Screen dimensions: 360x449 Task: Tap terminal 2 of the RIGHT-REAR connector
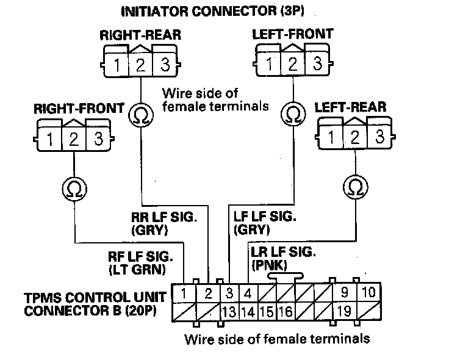pyautogui.click(x=140, y=63)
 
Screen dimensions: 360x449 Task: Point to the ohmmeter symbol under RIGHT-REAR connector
pyautogui.click(x=140, y=113)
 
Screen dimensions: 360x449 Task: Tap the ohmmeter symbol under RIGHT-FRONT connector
pyautogui.click(x=74, y=189)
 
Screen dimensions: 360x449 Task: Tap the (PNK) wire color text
pyautogui.click(x=265, y=265)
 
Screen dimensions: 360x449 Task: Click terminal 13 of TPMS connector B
pyautogui.click(x=229, y=312)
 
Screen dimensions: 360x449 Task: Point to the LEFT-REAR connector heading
pyautogui.click(x=350, y=107)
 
